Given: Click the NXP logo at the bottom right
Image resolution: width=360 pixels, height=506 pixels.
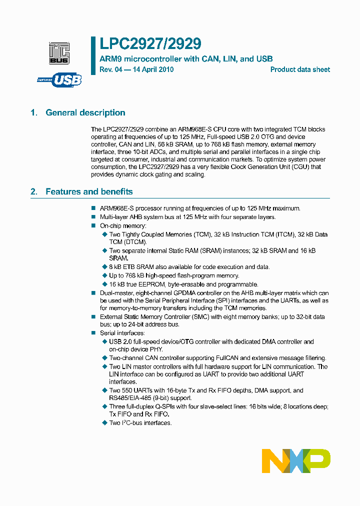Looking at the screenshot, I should [x=296, y=460].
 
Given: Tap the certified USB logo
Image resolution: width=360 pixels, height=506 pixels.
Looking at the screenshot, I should [x=59, y=79].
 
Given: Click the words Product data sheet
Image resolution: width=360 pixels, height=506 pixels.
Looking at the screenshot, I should [x=300, y=69].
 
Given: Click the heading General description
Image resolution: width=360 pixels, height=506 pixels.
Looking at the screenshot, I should [x=85, y=113].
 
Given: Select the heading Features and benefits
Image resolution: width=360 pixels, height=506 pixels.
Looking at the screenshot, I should [x=89, y=192].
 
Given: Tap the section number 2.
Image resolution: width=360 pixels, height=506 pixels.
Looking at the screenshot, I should [x=34, y=192].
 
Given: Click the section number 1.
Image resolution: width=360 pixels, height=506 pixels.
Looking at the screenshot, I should [x=34, y=113].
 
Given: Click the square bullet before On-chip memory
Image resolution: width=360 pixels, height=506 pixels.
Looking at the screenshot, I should [x=93, y=226].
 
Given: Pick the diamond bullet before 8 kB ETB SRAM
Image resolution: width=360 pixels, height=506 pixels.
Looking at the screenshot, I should [x=104, y=267].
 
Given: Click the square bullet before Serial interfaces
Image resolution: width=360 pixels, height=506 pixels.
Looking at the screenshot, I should [x=93, y=333].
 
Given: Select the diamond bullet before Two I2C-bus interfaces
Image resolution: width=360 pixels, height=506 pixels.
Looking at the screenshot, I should [x=104, y=423].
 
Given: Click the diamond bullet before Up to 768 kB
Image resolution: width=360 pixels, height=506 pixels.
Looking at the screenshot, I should [x=104, y=275].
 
